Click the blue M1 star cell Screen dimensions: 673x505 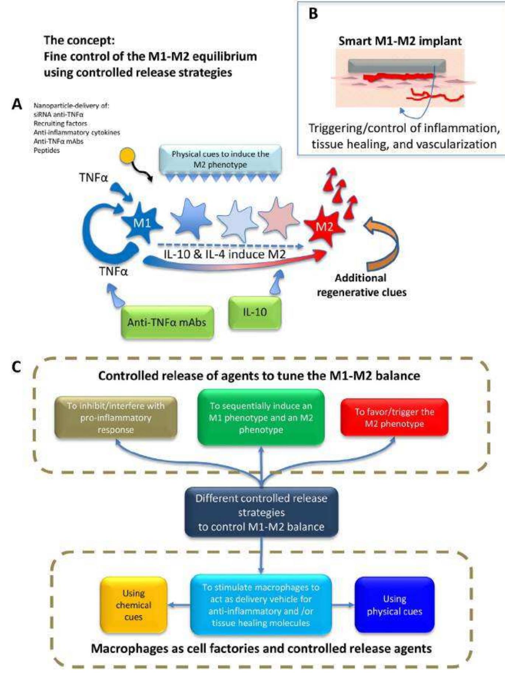pyautogui.click(x=142, y=223)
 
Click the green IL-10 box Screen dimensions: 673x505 pyautogui.click(x=255, y=312)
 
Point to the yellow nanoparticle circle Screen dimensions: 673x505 pyautogui.click(x=128, y=157)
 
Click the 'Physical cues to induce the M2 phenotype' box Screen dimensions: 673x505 pyautogui.click(x=220, y=159)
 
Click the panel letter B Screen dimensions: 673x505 pyautogui.click(x=313, y=14)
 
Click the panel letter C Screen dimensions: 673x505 pyautogui.click(x=16, y=367)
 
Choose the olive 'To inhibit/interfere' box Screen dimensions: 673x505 pyautogui.click(x=116, y=417)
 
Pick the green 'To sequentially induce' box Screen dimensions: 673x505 pyautogui.click(x=261, y=417)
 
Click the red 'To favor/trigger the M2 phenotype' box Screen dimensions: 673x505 pyautogui.click(x=394, y=417)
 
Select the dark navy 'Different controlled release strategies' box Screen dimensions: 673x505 pyautogui.click(x=261, y=512)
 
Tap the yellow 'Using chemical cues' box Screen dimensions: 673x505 pyautogui.click(x=133, y=605)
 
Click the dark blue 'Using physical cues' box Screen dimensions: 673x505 pyautogui.click(x=394, y=605)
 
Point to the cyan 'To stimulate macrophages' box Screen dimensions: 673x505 pyautogui.click(x=261, y=605)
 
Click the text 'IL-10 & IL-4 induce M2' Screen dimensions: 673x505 pyautogui.click(x=224, y=254)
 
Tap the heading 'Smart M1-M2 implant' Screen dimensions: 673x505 pyautogui.click(x=400, y=41)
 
